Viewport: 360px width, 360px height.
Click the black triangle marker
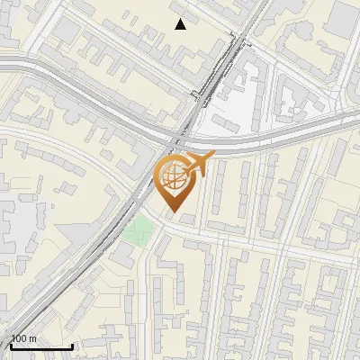(x=181, y=24)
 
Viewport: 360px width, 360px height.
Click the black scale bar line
(x=41, y=346)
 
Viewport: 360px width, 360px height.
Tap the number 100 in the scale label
(x=20, y=339)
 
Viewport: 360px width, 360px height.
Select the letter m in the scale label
(x=33, y=339)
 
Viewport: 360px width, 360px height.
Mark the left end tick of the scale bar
(x=11, y=345)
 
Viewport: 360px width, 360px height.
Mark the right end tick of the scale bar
(x=72, y=345)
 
